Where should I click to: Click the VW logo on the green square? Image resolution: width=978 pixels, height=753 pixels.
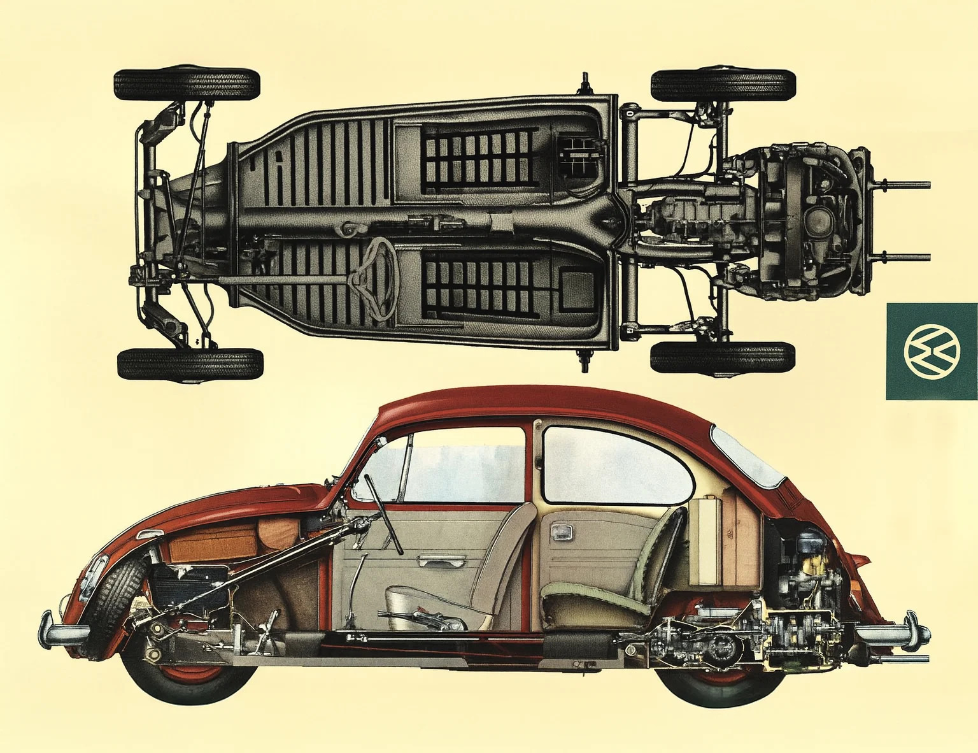coord(932,350)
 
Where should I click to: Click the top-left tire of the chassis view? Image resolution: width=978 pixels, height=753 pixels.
coord(187,83)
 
